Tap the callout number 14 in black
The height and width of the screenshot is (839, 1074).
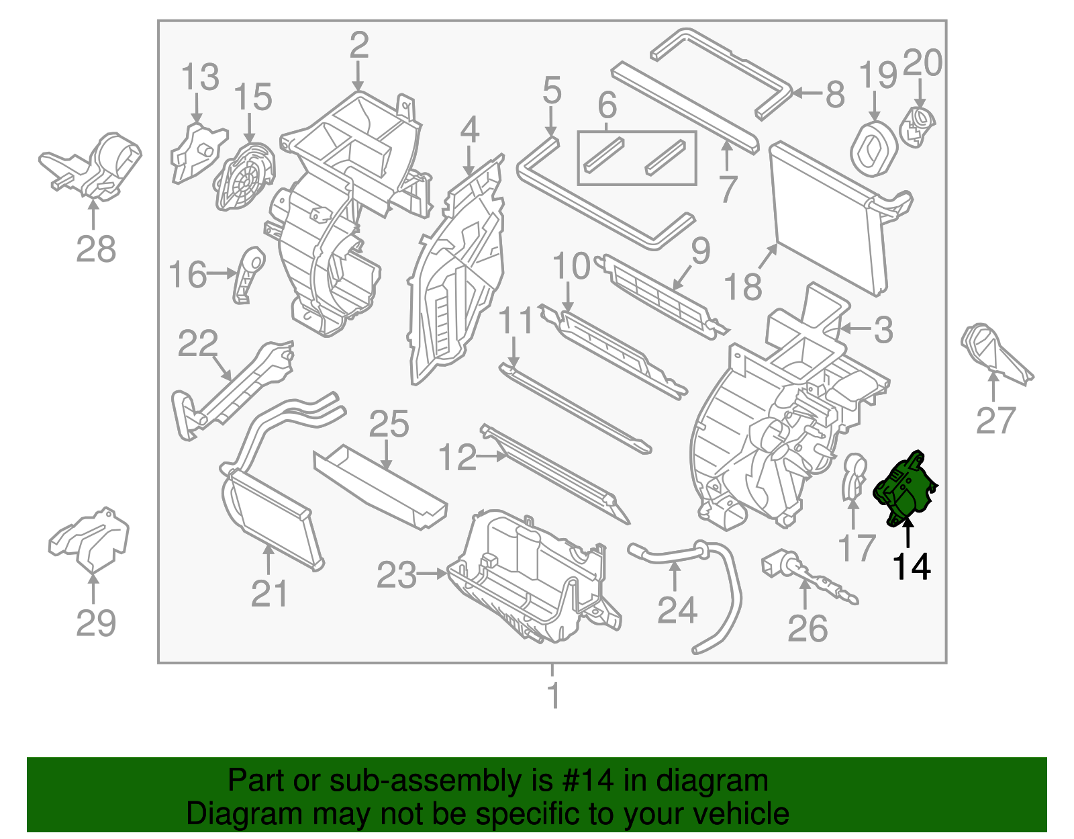(911, 567)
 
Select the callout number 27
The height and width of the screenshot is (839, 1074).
(995, 421)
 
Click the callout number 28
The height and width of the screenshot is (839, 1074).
(96, 249)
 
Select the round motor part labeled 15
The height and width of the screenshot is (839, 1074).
(244, 176)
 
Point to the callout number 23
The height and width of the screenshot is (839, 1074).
(396, 575)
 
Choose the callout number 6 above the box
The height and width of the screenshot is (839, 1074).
(607, 105)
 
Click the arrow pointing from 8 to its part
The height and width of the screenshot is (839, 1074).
(807, 93)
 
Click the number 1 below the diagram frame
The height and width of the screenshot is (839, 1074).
(553, 695)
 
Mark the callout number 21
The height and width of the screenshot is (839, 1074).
(269, 594)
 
